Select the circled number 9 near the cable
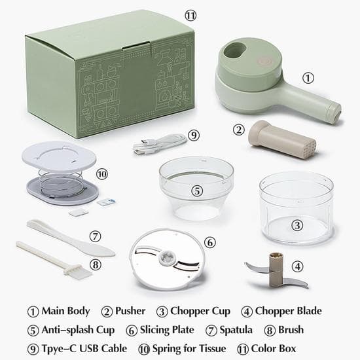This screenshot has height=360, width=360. pos(193,135)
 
